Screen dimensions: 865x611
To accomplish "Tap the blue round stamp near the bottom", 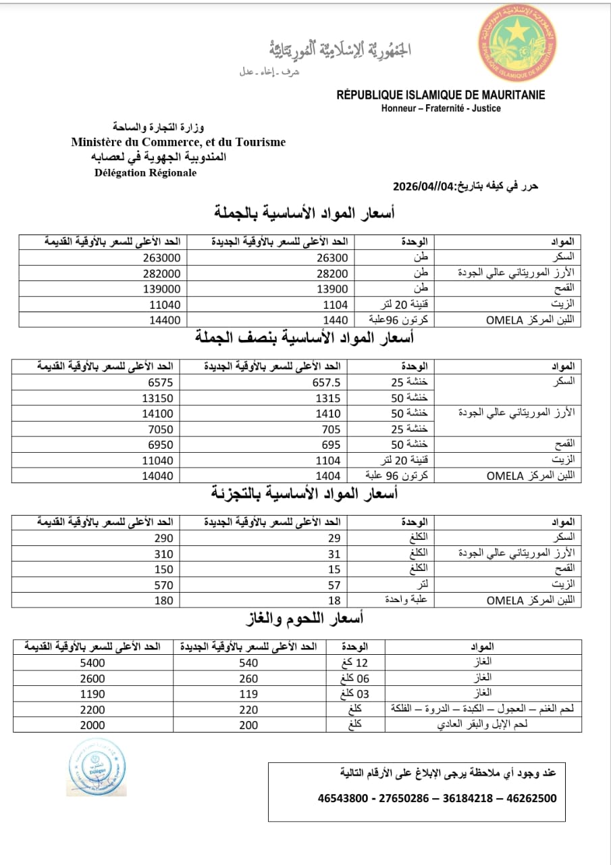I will pos(97,768).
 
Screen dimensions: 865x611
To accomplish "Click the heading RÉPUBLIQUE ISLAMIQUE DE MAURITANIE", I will pos(441,95).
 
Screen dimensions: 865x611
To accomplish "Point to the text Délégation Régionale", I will pos(146,172).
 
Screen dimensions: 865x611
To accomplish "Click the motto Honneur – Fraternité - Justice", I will pos(441,108).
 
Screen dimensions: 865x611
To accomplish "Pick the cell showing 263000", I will pos(163,257).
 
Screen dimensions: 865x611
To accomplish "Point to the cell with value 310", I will pos(163,553).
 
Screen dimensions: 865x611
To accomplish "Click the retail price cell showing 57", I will pos(334,585).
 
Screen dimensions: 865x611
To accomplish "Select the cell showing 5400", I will pos(92,663).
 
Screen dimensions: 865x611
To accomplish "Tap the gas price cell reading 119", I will pos(248,693).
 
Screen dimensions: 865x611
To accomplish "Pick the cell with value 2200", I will pos(92,709).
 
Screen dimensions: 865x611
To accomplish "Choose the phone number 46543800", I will pos(343,798).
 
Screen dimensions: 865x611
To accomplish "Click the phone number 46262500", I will pos(531,798).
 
